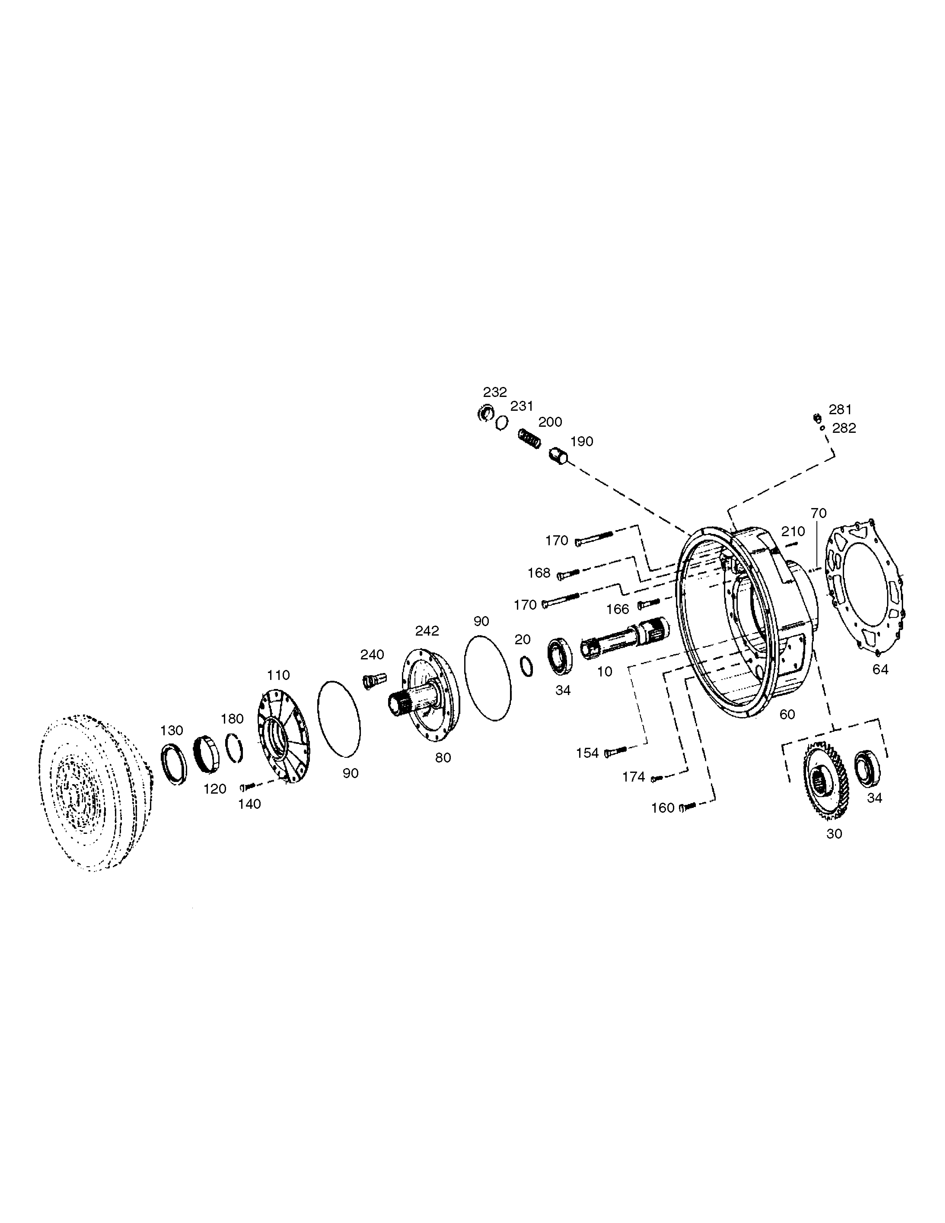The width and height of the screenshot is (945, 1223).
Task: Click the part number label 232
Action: pos(495,392)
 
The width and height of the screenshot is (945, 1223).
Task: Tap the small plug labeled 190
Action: pos(559,455)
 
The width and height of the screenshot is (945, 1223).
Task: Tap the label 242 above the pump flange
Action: pos(427,631)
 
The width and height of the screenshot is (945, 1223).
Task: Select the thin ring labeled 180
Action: pos(234,748)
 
